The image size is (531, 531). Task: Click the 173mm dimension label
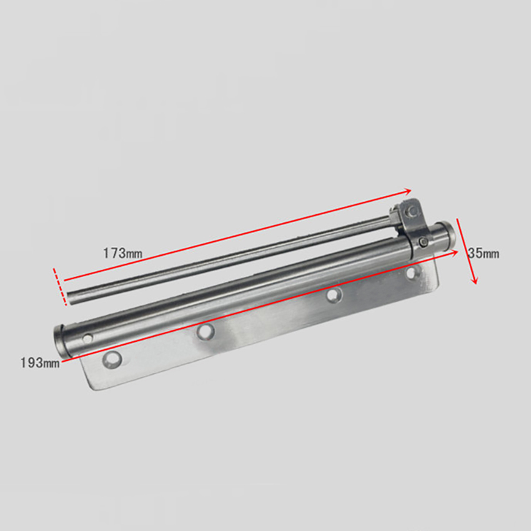tap(123, 253)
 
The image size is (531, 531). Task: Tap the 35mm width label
tap(484, 254)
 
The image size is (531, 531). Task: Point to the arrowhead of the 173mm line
tap(410, 191)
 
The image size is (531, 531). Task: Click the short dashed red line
tap(59, 286)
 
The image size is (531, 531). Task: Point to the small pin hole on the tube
tap(87, 338)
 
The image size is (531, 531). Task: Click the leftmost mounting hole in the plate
tap(112, 359)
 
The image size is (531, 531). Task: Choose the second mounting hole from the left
tap(204, 331)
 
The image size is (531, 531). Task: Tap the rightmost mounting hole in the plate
tap(412, 272)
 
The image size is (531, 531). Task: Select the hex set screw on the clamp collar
tap(424, 242)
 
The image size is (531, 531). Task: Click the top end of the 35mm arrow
tap(458, 219)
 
